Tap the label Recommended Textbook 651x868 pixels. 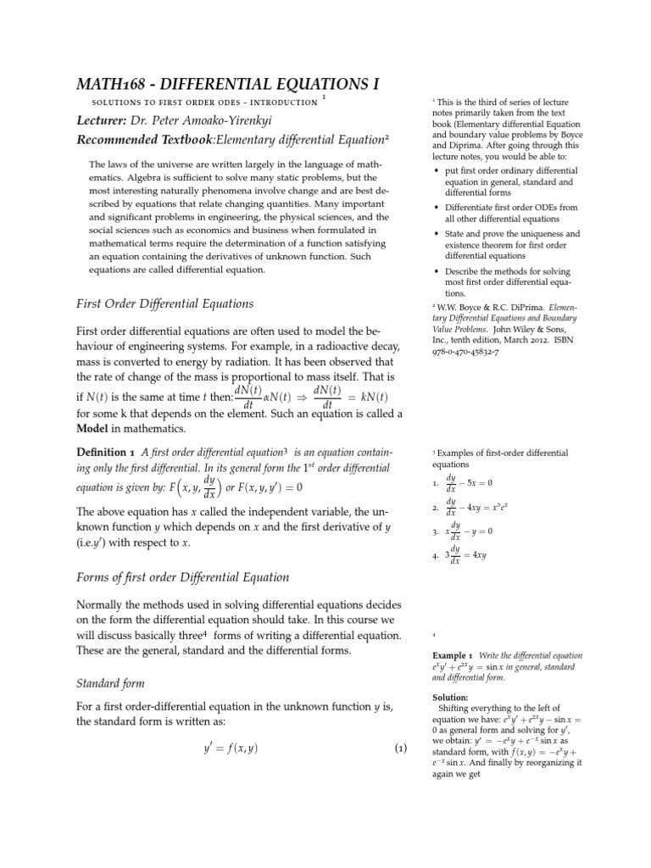(x=131, y=140)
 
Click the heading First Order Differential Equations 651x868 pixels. (x=164, y=303)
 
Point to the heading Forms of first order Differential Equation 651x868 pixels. (x=183, y=577)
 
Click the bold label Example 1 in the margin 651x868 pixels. (x=452, y=656)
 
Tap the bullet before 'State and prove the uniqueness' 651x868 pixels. (x=436, y=233)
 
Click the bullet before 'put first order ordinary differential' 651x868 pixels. (x=436, y=170)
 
